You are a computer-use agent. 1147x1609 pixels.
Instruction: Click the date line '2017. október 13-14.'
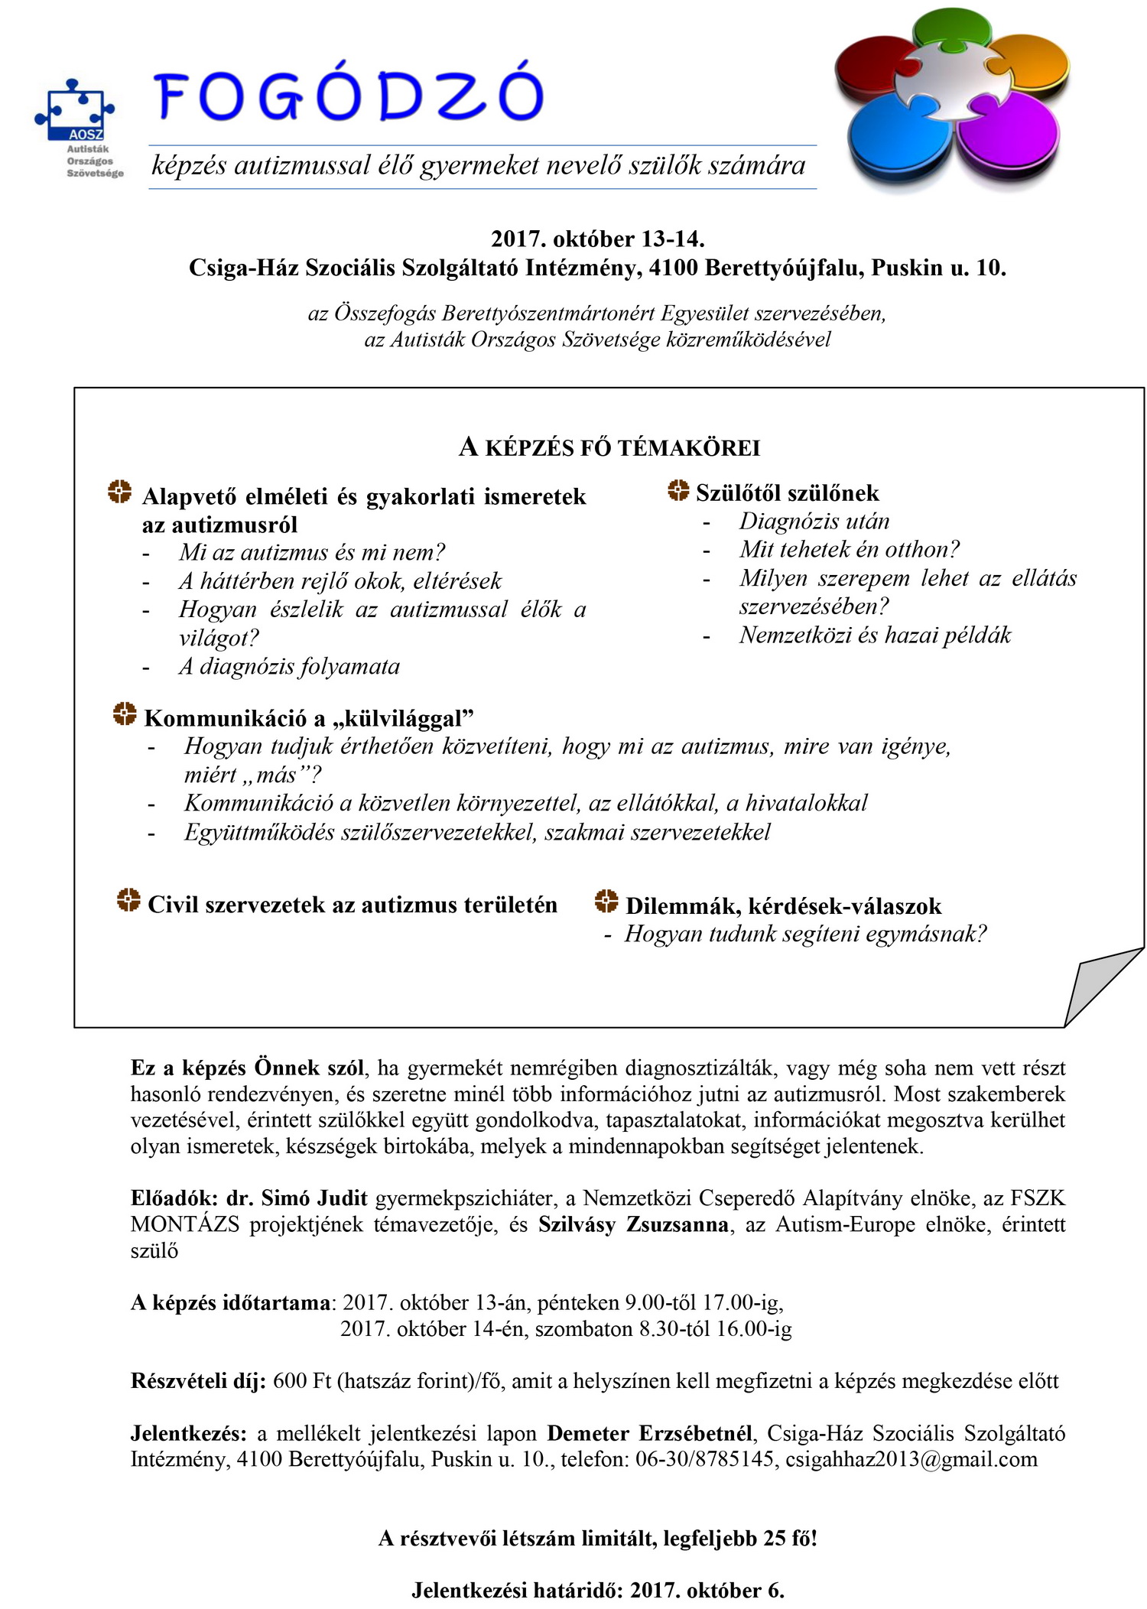(x=597, y=239)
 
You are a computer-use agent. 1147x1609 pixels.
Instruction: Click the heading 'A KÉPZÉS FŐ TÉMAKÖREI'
(x=609, y=447)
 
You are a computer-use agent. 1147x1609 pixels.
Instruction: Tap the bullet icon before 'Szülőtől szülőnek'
(x=677, y=491)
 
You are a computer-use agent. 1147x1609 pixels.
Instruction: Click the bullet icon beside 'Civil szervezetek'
(x=128, y=900)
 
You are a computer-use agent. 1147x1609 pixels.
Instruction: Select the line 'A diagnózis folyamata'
(x=289, y=666)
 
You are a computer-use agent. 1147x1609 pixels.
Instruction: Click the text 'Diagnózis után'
(x=814, y=522)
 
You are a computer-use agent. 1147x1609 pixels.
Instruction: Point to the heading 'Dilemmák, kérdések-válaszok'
(x=783, y=906)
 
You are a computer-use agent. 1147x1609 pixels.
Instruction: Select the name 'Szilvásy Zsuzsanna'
(x=633, y=1224)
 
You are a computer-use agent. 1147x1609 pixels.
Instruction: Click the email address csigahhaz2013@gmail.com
(x=911, y=1459)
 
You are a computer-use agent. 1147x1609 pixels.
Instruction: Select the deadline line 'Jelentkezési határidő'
(x=597, y=1590)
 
